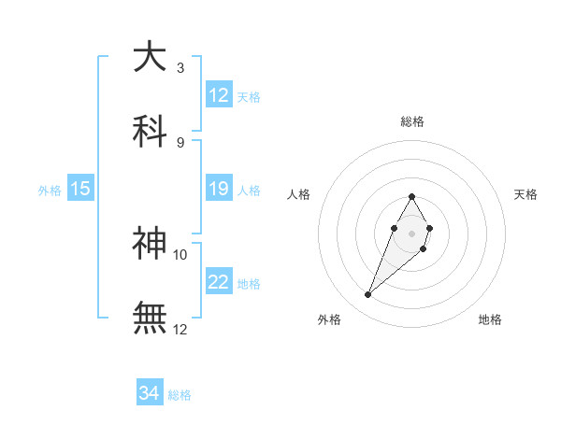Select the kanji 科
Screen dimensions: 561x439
click(150, 130)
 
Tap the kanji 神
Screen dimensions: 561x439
click(150, 243)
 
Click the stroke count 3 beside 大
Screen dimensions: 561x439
click(180, 67)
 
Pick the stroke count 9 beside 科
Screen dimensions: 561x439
click(180, 142)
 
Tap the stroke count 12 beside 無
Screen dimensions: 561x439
click(180, 329)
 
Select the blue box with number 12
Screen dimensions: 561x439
click(219, 95)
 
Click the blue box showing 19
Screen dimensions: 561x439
click(219, 190)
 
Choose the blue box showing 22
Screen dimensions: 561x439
click(219, 283)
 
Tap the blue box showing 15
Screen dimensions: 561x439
click(80, 190)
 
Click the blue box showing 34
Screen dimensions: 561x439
click(150, 394)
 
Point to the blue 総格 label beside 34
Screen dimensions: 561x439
click(180, 395)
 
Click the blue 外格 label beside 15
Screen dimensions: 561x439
click(50, 191)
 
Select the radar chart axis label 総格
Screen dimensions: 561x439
click(411, 121)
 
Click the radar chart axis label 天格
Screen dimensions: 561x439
click(526, 194)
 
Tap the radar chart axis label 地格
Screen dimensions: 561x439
click(490, 320)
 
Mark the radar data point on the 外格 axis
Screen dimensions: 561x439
click(368, 295)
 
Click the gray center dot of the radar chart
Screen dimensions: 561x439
click(411, 233)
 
